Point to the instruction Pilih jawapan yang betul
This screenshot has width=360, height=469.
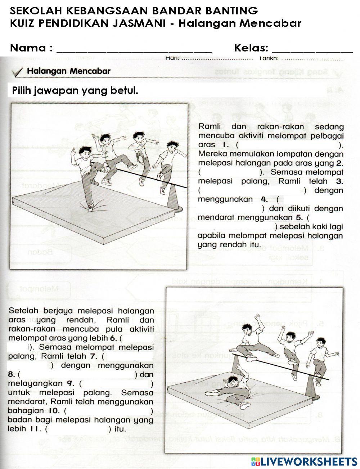pyautogui.click(x=75, y=90)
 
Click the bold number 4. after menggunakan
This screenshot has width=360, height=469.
pyautogui.click(x=264, y=199)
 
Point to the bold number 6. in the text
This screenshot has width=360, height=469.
pyautogui.click(x=114, y=338)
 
